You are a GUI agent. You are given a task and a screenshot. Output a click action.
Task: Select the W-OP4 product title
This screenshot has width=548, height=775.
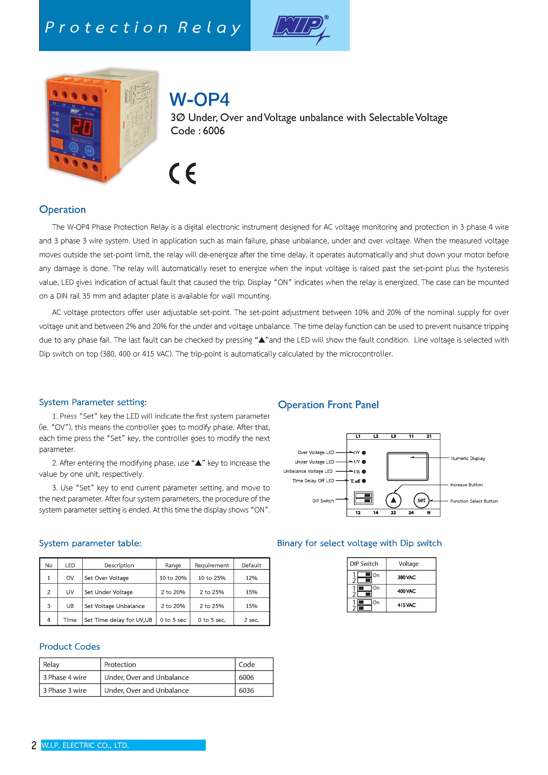[199, 100]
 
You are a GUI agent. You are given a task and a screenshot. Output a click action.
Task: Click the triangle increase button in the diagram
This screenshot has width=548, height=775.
[393, 500]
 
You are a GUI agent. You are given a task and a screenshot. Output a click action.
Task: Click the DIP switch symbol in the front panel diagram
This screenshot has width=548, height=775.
[363, 498]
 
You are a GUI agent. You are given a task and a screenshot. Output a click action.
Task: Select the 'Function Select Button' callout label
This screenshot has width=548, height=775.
[474, 501]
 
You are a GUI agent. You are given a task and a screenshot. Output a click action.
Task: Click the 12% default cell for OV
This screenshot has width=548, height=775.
[251, 578]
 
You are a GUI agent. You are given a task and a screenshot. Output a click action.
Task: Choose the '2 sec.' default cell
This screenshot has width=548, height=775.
[251, 620]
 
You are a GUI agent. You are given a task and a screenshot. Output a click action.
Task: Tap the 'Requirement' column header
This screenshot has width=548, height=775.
[212, 565]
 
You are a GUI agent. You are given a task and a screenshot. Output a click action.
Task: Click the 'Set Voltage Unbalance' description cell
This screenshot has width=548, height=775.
[114, 606]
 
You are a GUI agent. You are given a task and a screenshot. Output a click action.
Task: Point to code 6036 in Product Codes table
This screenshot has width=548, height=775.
[246, 690]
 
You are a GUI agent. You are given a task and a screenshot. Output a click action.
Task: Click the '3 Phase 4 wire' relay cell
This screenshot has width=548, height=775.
[65, 677]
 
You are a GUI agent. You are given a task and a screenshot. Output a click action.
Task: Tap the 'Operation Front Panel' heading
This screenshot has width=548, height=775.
[328, 405]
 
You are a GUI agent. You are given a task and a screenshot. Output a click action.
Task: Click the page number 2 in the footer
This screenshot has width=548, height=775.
[34, 745]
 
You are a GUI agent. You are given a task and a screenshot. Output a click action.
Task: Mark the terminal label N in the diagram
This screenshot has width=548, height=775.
[428, 513]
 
